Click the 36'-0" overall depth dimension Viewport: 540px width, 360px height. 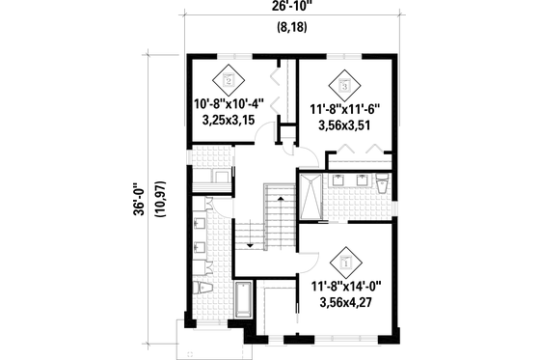coord(142,200)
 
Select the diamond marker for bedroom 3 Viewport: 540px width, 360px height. coord(344,83)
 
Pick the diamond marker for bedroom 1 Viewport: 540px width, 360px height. coord(344,259)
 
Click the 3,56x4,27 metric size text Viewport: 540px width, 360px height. coord(344,301)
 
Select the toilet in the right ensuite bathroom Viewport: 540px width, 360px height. coord(383,185)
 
